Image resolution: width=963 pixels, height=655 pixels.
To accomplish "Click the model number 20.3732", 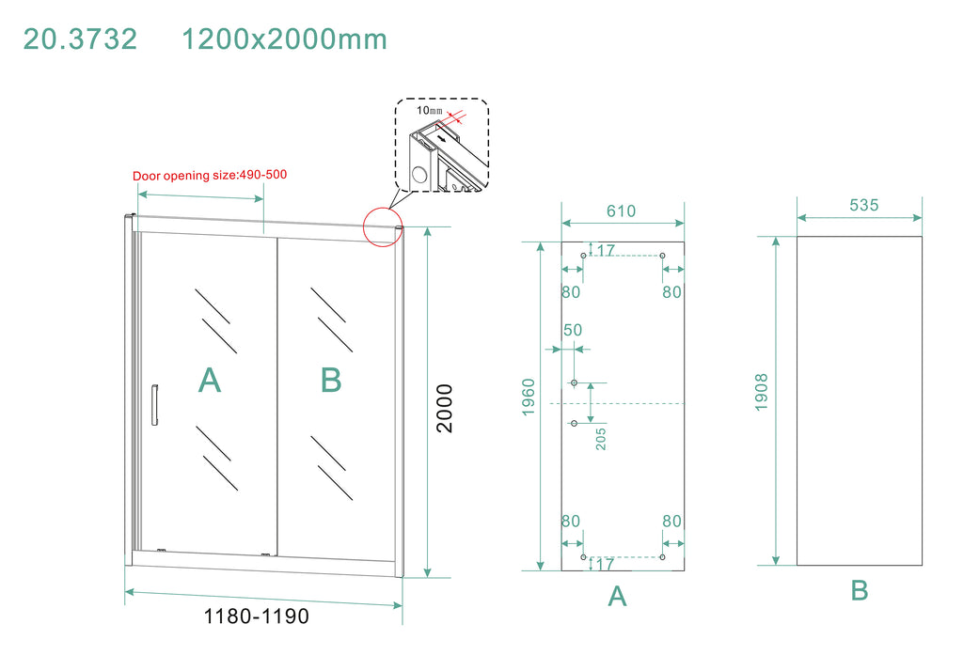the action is coord(80,39).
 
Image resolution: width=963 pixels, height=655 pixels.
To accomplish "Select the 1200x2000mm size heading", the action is coord(284,39).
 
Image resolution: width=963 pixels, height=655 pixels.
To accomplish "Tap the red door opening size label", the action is coord(210,175).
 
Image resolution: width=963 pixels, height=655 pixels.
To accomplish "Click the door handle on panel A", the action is coord(154,404).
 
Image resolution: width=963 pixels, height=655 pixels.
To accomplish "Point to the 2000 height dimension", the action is coord(444,408).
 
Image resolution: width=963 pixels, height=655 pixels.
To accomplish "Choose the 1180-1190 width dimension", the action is coord(256,616).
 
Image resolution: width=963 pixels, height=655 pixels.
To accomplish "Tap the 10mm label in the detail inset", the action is coord(429,111).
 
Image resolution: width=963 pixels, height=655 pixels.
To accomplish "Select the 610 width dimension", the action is coord(621,211).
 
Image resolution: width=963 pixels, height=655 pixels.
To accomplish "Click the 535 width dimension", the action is coord(864,205).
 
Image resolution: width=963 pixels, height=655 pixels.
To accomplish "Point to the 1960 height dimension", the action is coord(529,398).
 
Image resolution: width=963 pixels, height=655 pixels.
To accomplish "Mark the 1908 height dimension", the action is coord(762,392).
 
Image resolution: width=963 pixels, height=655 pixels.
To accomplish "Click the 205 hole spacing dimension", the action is coord(601,439).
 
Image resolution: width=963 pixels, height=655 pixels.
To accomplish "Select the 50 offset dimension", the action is coord(573,330).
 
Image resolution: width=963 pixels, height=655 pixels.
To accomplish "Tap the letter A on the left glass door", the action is coord(210,380).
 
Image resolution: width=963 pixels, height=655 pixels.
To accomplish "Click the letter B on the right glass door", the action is coord(331,380).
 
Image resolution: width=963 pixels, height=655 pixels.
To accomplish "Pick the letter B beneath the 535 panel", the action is coord(860,590).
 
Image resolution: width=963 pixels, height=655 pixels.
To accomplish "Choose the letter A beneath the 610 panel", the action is coord(617,596).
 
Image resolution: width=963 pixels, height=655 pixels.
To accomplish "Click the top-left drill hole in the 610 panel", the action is coord(583,256).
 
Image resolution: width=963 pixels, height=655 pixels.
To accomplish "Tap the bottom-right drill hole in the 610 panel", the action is coord(662,557).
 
